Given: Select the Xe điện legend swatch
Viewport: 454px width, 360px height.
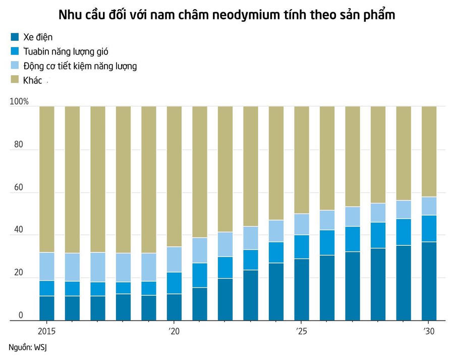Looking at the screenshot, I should pyautogui.click(x=14, y=37).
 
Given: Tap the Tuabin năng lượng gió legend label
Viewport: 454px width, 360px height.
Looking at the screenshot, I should pyautogui.click(x=66, y=51).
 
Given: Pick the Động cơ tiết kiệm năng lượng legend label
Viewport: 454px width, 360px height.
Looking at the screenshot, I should pyautogui.click(x=80, y=66).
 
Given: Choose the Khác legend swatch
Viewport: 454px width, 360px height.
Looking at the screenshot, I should pyautogui.click(x=14, y=80).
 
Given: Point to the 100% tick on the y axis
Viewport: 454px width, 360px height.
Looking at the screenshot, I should pyautogui.click(x=19, y=102).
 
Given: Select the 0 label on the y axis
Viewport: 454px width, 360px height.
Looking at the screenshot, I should pyautogui.click(x=21, y=316).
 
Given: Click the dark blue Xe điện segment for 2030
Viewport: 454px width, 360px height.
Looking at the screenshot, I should pyautogui.click(x=429, y=281).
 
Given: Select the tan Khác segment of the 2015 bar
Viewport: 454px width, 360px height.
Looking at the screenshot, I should pyautogui.click(x=47, y=179).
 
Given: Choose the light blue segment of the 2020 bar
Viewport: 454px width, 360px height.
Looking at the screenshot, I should pyautogui.click(x=174, y=259).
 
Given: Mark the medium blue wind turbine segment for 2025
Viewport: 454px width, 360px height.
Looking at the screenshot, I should pyautogui.click(x=302, y=246).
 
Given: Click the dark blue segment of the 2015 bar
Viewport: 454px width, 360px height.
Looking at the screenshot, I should pyautogui.click(x=47, y=308).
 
